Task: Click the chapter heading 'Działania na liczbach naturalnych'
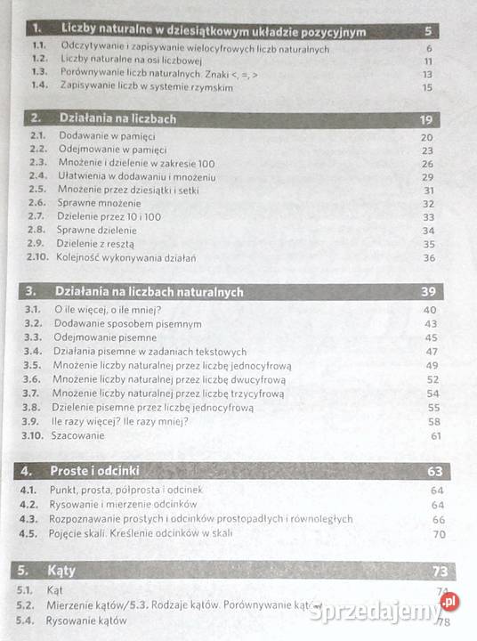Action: [x=149, y=291]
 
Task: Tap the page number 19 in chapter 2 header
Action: [x=426, y=119]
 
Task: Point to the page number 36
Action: [x=429, y=258]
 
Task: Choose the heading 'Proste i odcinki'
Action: [x=95, y=470]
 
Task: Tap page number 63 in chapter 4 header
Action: [x=434, y=472]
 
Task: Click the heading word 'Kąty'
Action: [x=62, y=570]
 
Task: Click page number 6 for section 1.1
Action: [x=429, y=48]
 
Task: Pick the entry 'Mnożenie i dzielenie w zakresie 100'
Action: [x=137, y=164]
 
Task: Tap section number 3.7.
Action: [x=32, y=393]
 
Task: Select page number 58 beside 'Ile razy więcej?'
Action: [x=433, y=422]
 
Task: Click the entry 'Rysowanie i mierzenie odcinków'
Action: [x=124, y=505]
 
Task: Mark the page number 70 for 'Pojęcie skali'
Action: [x=438, y=534]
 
